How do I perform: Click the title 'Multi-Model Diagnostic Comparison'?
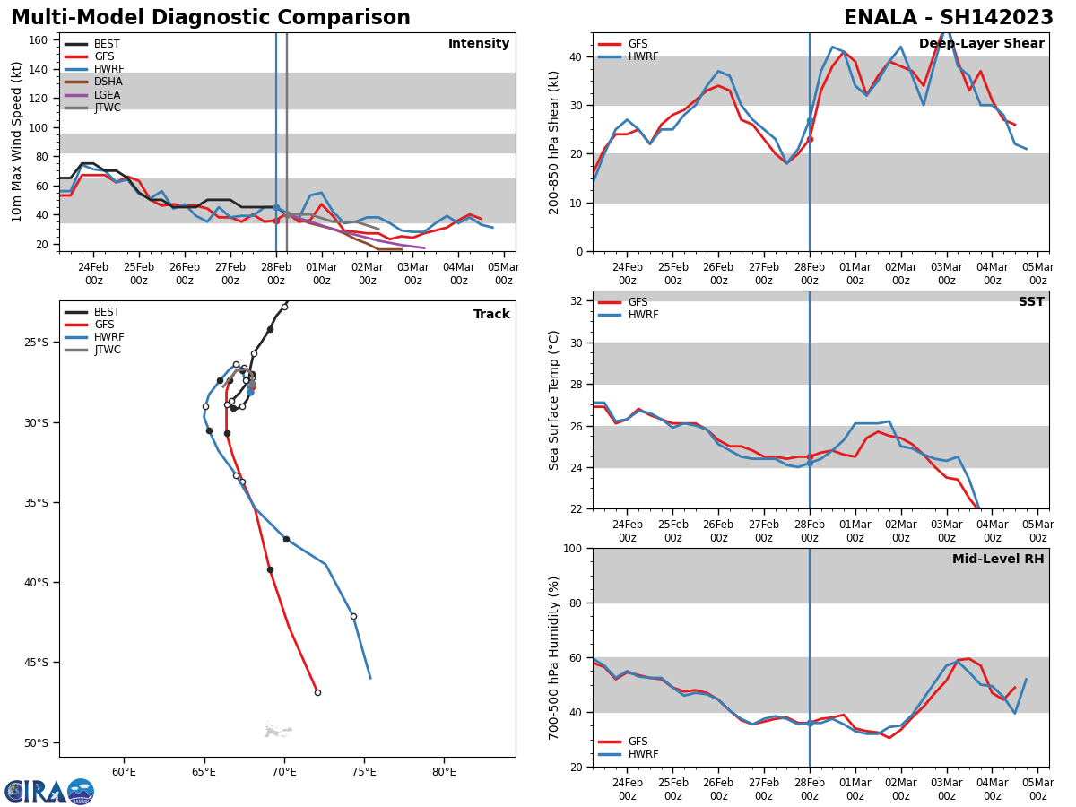(x=211, y=18)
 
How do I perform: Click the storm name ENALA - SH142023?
(x=949, y=18)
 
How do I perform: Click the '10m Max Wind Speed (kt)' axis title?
(x=17, y=142)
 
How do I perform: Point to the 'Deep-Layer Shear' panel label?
(x=981, y=44)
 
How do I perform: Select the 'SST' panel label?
(x=1031, y=302)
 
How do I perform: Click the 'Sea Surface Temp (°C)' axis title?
(x=555, y=400)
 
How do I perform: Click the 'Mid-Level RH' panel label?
(x=997, y=560)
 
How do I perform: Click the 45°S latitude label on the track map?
(x=35, y=663)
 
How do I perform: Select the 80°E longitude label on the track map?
(x=444, y=771)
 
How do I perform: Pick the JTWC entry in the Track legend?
(x=108, y=350)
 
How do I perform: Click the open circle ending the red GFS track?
(x=317, y=692)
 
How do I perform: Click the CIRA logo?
(x=48, y=791)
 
